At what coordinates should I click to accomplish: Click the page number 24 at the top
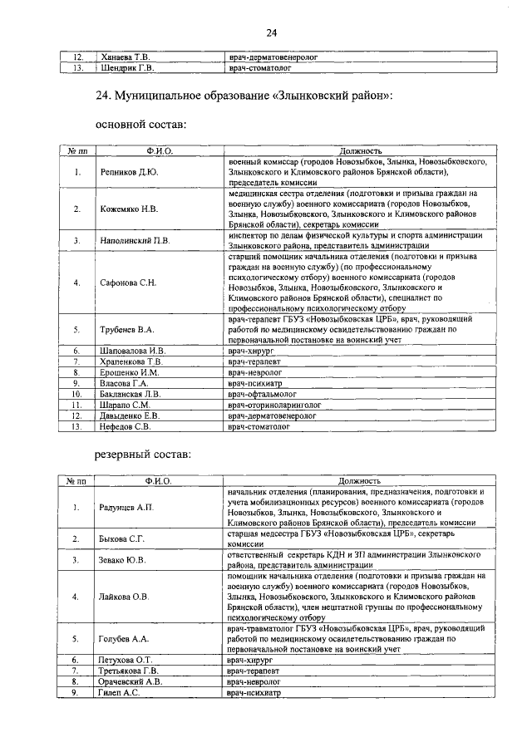point(271,32)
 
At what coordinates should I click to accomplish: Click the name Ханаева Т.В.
point(125,57)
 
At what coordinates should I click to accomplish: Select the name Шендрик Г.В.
point(126,68)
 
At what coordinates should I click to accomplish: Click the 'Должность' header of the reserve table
point(360,481)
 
